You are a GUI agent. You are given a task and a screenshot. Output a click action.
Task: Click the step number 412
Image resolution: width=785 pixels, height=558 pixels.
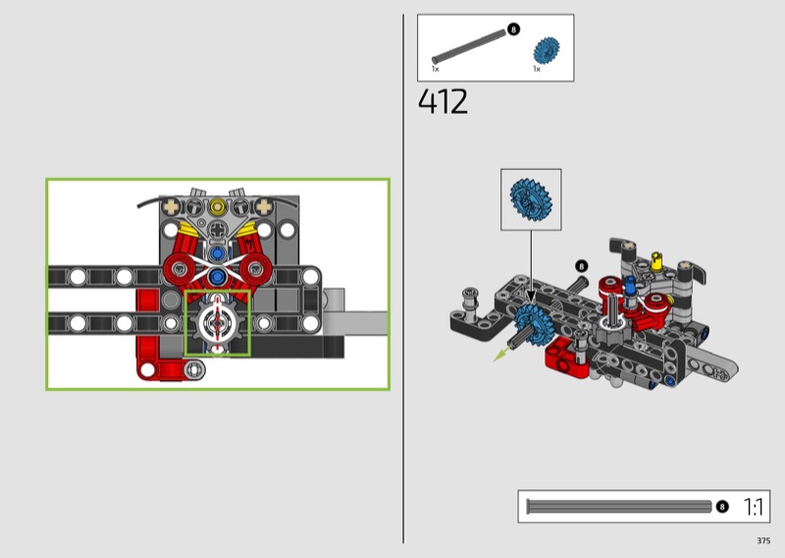tap(443, 102)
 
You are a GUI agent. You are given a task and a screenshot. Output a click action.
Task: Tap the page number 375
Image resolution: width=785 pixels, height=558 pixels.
tap(763, 540)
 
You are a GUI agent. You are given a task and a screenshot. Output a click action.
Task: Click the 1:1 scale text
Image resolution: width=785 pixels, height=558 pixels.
tap(753, 507)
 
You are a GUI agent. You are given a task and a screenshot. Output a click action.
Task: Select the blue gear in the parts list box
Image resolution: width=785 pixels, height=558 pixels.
tap(547, 51)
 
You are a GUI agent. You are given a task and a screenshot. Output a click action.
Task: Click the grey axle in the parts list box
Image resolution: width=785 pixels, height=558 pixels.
tap(469, 46)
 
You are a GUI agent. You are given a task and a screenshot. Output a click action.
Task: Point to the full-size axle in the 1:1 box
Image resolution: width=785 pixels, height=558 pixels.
tap(619, 507)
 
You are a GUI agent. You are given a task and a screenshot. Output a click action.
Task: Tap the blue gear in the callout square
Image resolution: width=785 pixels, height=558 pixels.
tap(531, 199)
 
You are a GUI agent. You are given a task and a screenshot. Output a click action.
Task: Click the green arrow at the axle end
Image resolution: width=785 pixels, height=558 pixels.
tap(501, 354)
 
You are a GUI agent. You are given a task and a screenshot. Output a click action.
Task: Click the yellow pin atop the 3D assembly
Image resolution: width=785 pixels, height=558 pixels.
tap(656, 260)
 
